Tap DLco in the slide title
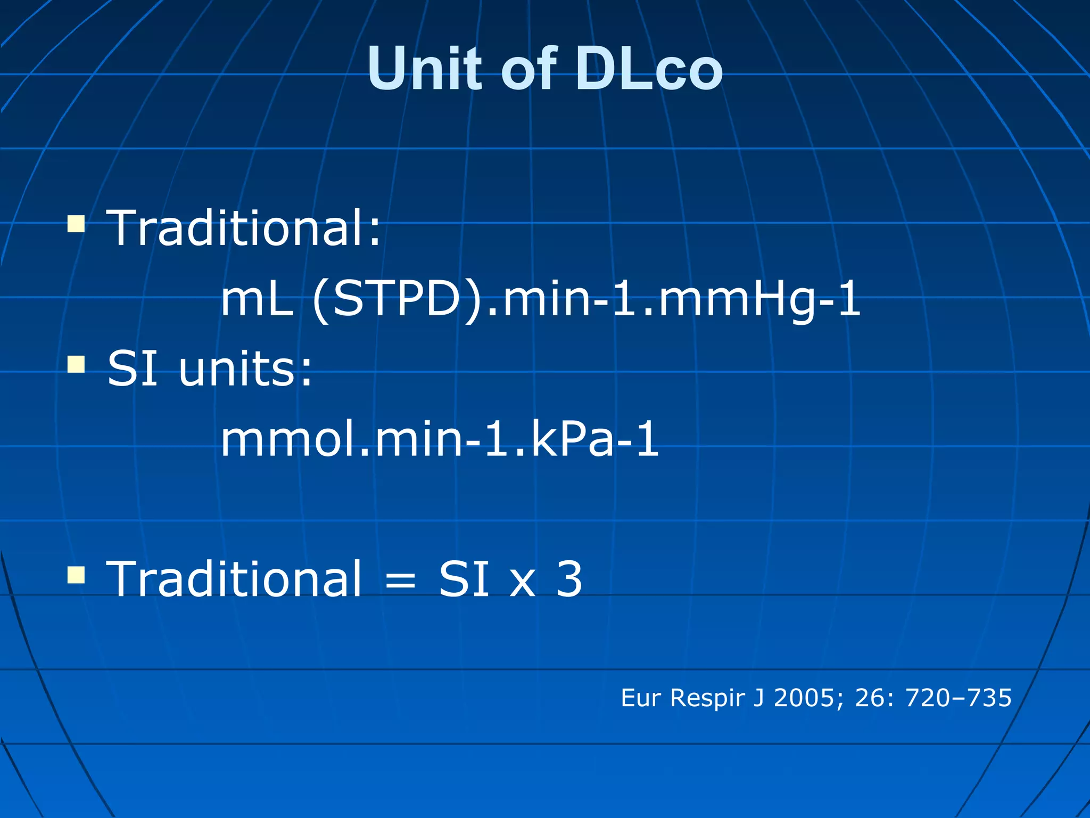tap(649, 69)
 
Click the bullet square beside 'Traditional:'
tap(76, 224)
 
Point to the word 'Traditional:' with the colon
tap(244, 228)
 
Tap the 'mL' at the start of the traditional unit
tap(258, 299)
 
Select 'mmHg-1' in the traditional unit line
tap(759, 299)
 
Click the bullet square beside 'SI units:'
tap(76, 365)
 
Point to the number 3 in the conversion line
tap(569, 579)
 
